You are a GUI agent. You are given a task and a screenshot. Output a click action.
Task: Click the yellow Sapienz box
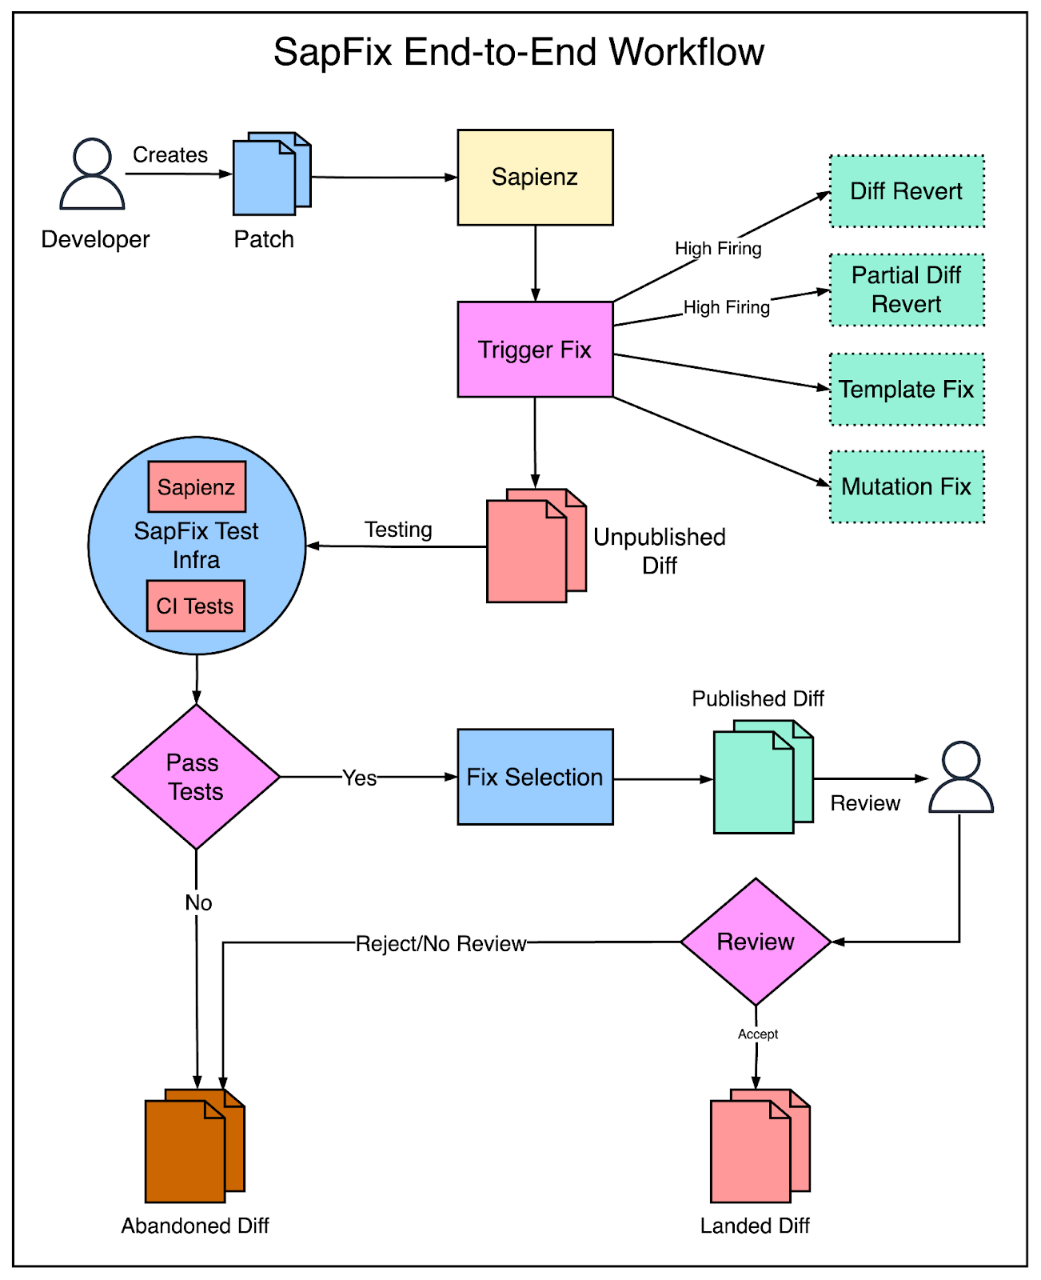(535, 178)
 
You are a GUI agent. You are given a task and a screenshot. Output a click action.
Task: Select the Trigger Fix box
(535, 349)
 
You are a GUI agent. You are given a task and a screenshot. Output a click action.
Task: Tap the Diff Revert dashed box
(907, 191)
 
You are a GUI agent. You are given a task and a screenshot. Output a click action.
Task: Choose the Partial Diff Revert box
(907, 290)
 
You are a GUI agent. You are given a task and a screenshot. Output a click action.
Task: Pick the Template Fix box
(907, 389)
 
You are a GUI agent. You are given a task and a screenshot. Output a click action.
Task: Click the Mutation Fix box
(907, 486)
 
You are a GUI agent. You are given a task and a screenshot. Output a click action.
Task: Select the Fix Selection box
(535, 777)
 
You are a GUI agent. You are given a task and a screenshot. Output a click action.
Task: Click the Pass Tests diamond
(196, 777)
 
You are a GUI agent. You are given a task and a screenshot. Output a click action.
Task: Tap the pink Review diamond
(755, 941)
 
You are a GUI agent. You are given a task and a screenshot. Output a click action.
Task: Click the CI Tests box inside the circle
(195, 605)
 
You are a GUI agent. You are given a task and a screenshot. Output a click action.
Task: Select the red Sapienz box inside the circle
(197, 486)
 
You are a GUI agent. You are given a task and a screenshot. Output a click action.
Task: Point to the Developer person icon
(92, 174)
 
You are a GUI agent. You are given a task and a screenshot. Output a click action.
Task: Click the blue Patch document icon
(272, 174)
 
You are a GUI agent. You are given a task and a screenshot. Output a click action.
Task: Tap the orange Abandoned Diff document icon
(194, 1146)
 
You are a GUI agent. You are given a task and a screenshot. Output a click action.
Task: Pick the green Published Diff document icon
(763, 777)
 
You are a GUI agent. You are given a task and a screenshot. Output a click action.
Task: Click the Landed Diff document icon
(760, 1146)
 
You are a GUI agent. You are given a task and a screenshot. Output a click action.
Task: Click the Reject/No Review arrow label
(441, 943)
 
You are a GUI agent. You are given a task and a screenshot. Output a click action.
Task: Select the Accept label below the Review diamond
(757, 1034)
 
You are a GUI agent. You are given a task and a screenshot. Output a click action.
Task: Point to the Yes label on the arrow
(359, 778)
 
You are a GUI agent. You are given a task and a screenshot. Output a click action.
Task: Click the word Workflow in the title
(687, 52)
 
